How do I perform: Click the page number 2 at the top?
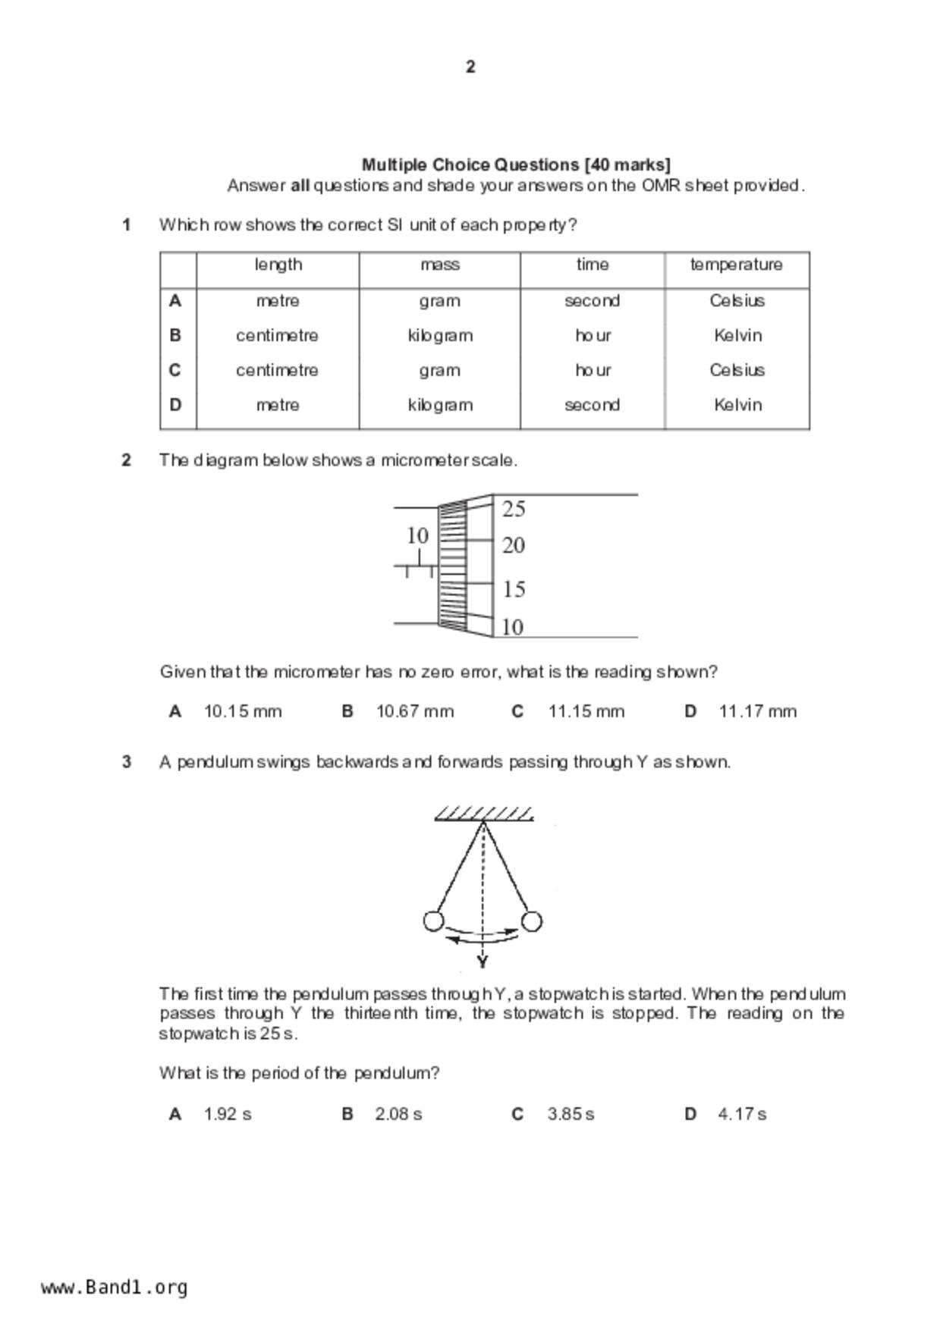(x=470, y=67)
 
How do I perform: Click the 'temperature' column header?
(x=736, y=265)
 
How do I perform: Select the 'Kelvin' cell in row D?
(x=737, y=405)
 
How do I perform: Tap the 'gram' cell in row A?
(x=439, y=301)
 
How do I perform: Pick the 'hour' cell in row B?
(x=593, y=335)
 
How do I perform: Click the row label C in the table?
(x=175, y=370)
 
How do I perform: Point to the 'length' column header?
(x=278, y=265)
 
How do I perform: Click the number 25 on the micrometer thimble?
(x=514, y=509)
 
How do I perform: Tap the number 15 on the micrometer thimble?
(x=514, y=589)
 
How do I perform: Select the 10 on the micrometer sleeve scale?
(x=417, y=536)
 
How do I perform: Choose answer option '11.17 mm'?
(x=757, y=711)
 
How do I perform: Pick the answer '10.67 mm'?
(x=415, y=711)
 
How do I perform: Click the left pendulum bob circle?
(x=433, y=921)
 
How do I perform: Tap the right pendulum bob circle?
(x=532, y=921)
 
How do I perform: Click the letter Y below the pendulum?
(x=483, y=962)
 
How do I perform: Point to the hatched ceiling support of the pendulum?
(x=483, y=814)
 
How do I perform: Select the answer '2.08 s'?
(x=398, y=1114)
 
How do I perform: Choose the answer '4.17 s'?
(x=742, y=1114)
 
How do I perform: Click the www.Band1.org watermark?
(x=114, y=1287)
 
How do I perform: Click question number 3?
(x=127, y=762)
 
